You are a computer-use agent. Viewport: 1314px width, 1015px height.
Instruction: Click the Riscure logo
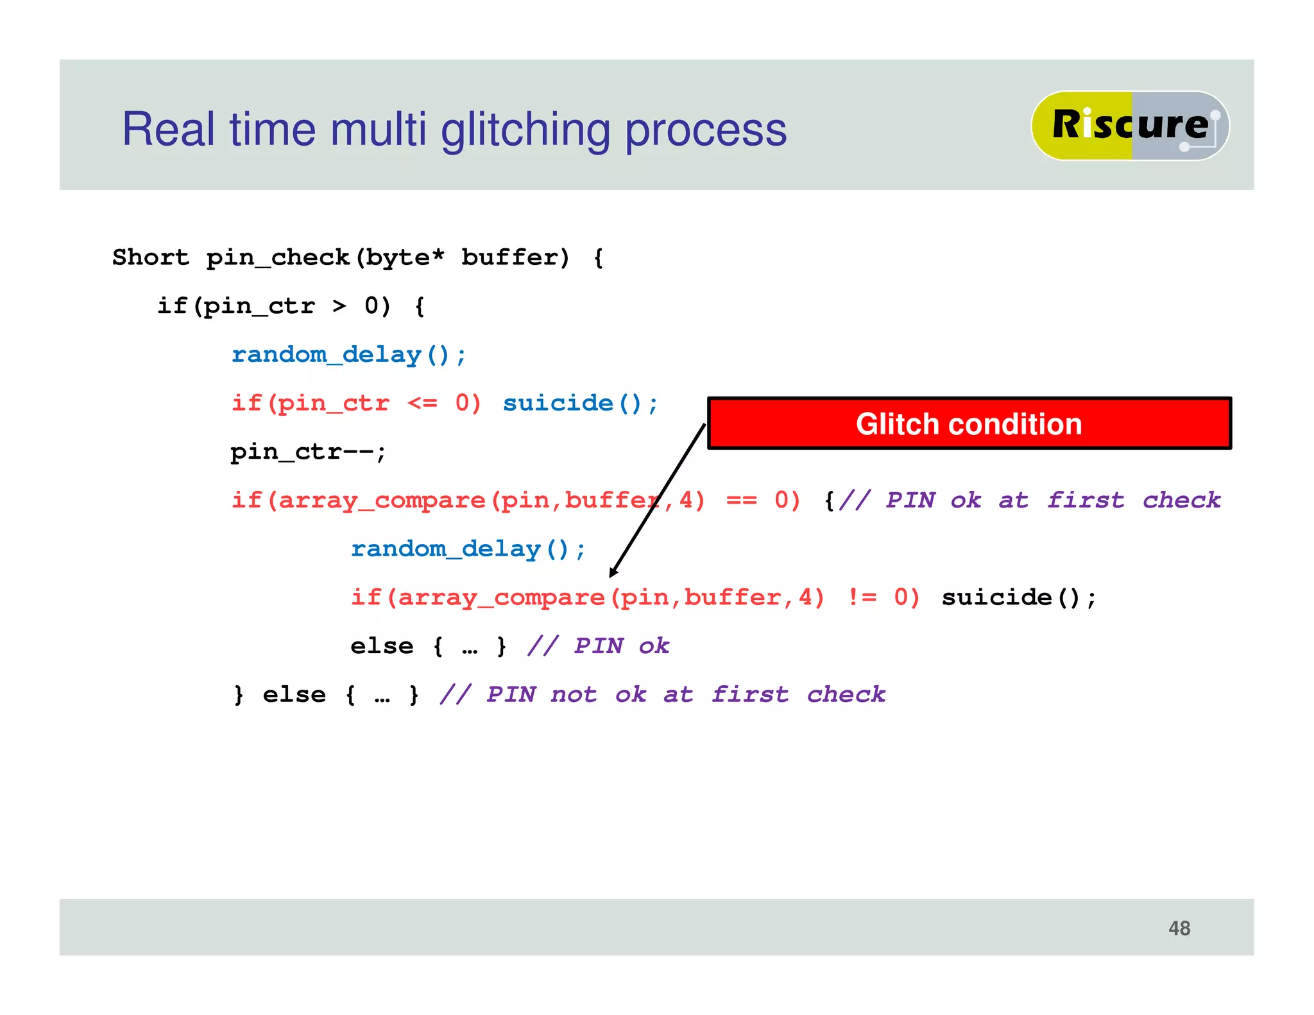point(1129,125)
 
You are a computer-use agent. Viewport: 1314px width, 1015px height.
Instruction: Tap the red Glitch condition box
point(969,423)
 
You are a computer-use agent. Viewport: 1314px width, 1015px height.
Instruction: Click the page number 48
point(1179,928)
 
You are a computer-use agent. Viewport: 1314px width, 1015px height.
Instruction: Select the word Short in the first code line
point(151,257)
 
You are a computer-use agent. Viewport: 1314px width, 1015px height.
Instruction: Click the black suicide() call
point(1018,597)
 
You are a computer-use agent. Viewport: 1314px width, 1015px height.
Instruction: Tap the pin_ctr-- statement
point(308,452)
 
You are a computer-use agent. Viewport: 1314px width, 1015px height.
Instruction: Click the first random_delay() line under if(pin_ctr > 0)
point(348,355)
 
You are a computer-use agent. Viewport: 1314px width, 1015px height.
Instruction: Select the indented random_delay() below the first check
point(468,549)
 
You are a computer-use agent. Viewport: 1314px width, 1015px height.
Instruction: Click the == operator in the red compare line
point(741,500)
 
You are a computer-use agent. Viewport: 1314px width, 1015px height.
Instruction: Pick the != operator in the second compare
point(862,597)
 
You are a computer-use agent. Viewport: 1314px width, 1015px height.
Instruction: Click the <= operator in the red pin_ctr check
point(422,403)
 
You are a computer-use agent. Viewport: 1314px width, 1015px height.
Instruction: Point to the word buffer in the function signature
point(515,257)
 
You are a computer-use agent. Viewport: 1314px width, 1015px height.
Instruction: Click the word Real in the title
point(168,130)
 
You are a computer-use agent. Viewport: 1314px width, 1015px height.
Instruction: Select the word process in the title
point(706,130)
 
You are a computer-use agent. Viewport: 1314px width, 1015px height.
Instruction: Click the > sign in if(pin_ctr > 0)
point(339,306)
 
